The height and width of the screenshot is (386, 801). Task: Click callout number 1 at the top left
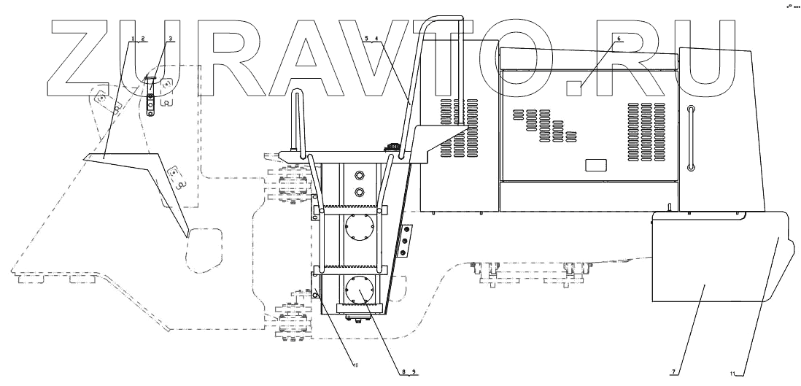coord(133,38)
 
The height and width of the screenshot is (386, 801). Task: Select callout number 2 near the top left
coord(143,38)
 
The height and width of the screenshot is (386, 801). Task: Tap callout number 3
coord(171,38)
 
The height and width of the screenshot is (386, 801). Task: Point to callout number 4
coord(376,38)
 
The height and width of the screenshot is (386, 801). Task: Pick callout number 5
coord(367,38)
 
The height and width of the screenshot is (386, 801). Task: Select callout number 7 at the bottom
coord(673,372)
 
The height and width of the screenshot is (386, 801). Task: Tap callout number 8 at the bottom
coord(402,372)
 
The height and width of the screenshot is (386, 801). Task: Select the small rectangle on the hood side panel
coord(595,165)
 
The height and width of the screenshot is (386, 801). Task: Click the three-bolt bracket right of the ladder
coord(404,240)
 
